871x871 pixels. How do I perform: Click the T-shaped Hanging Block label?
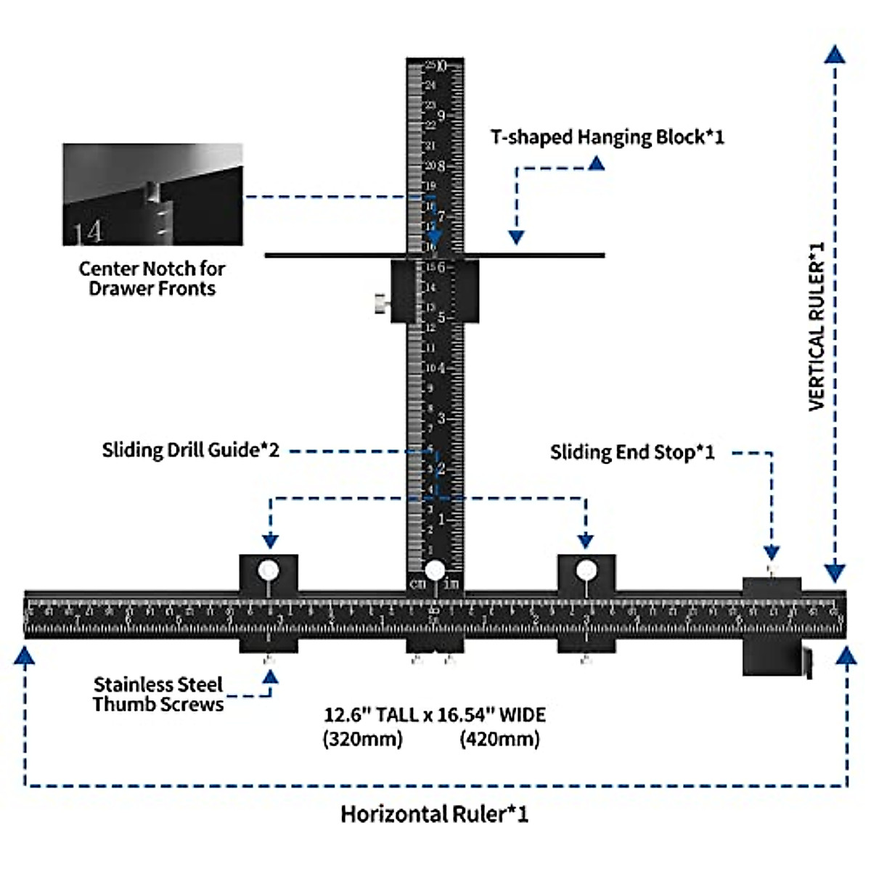(607, 137)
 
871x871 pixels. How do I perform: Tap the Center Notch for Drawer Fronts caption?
(152, 279)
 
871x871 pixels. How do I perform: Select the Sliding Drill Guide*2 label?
(190, 450)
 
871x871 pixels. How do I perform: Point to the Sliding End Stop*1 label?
(632, 453)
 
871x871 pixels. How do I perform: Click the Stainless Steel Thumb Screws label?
(158, 695)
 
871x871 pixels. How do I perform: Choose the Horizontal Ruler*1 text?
(435, 814)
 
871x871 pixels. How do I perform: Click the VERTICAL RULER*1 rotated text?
(817, 327)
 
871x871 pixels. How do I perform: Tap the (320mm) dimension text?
(362, 740)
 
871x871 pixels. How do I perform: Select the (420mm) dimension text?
(499, 740)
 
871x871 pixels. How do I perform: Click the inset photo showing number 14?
(152, 195)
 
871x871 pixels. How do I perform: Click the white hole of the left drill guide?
(269, 571)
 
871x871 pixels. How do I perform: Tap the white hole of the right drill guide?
(586, 571)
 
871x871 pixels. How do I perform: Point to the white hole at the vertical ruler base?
(435, 571)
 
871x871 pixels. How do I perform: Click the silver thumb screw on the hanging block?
(380, 303)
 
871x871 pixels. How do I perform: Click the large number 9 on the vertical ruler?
(441, 116)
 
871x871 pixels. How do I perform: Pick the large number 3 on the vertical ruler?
(441, 419)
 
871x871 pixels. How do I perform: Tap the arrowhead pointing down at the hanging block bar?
(516, 237)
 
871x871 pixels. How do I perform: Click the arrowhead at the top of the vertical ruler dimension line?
(835, 54)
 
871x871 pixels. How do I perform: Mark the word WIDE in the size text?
(522, 715)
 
